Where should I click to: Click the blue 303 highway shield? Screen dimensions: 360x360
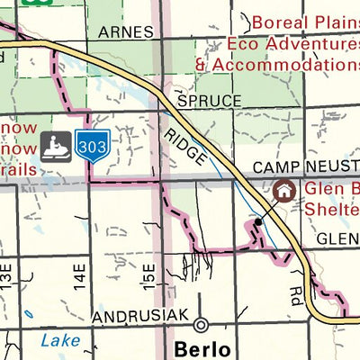tap(93, 145)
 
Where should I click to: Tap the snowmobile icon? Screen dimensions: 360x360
tap(56, 145)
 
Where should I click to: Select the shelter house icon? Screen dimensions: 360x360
tap(284, 191)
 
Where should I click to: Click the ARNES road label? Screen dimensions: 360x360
tap(121, 31)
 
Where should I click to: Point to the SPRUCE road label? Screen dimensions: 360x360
tap(210, 101)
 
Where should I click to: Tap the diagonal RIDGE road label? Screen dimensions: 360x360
tap(185, 144)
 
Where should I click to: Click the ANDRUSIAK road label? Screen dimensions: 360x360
tap(140, 319)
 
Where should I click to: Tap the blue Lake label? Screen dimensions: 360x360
tap(59, 340)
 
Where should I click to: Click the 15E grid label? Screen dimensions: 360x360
tap(149, 273)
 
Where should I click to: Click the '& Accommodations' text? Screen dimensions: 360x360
tap(277, 64)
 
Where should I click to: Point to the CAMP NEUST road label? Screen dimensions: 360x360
tap(305, 168)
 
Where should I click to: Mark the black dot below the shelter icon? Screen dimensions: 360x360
tap(258, 220)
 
